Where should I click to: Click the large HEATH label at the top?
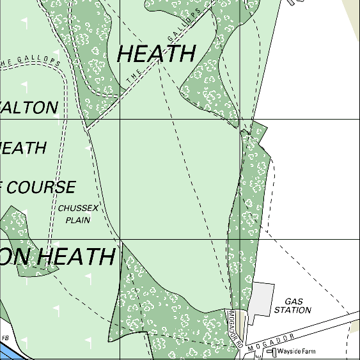(x=156, y=54)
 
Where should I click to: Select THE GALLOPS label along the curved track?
(x=31, y=63)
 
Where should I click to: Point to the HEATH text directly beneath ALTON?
(x=23, y=148)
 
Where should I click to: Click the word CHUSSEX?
(x=78, y=208)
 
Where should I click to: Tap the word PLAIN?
(x=78, y=219)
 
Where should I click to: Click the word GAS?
(x=293, y=301)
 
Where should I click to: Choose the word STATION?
(x=293, y=310)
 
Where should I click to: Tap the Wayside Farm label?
(x=301, y=351)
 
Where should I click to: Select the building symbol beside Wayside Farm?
(x=271, y=352)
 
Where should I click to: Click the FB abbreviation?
(x=5, y=338)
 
